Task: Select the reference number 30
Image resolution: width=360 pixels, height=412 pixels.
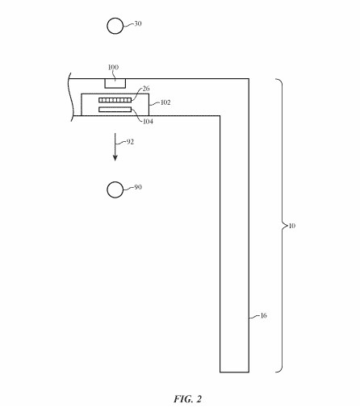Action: point(138,23)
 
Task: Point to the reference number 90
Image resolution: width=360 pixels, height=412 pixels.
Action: point(138,187)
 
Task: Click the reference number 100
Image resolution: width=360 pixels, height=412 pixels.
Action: point(113,67)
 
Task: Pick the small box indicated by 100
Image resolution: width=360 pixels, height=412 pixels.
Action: point(115,83)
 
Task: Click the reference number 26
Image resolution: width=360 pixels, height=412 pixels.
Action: point(146,89)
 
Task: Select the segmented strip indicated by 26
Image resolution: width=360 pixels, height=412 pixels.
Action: point(115,100)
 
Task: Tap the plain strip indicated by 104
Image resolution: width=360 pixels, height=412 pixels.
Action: point(115,110)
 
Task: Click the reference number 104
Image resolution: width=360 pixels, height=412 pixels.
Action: point(148,122)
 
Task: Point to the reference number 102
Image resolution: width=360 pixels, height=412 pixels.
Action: point(165,102)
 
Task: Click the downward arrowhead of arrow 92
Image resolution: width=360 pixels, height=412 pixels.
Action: point(115,158)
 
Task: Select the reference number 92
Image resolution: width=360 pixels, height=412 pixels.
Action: point(130,142)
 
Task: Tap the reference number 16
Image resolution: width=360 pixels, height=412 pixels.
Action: point(264,315)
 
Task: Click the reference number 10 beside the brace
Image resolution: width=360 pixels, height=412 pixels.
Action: point(292,226)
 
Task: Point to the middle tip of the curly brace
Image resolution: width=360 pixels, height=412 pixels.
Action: point(287,226)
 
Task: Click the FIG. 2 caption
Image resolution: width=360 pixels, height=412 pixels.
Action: point(187,399)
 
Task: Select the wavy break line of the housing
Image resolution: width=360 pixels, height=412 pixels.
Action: point(71,97)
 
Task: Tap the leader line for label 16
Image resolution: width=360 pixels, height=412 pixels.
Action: point(254,317)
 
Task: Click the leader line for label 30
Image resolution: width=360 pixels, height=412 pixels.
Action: point(128,25)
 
